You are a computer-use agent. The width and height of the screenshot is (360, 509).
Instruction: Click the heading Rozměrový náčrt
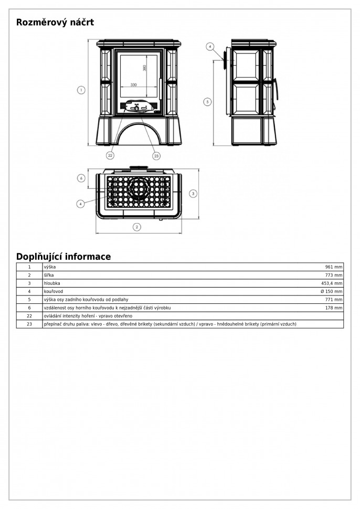click(55, 23)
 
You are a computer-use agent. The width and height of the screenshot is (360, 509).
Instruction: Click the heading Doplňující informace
click(63, 257)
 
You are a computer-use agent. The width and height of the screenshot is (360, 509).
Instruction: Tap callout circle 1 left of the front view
click(81, 90)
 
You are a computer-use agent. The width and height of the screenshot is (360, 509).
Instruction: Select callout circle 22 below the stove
click(110, 155)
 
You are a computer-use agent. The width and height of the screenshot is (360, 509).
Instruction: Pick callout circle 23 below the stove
click(156, 155)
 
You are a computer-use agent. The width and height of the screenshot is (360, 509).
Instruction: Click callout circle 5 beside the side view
click(207, 101)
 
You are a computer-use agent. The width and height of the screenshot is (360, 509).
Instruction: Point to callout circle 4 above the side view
click(209, 47)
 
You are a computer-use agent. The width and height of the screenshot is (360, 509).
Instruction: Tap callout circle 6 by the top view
click(81, 178)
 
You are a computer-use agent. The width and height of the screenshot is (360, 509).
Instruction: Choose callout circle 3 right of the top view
click(193, 194)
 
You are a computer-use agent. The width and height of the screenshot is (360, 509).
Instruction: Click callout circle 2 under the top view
click(137, 227)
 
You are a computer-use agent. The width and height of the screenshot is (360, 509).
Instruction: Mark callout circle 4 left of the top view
click(81, 203)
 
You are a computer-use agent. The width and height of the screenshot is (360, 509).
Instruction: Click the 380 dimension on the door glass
click(145, 68)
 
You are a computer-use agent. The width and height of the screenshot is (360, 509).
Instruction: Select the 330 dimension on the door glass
click(133, 84)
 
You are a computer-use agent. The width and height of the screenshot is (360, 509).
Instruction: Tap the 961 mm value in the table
click(333, 267)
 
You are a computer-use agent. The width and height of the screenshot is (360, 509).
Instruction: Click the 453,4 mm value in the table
click(332, 283)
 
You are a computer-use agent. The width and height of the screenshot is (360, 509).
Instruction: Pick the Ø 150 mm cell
click(332, 291)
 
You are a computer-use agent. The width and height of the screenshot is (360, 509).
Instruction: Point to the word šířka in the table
click(49, 275)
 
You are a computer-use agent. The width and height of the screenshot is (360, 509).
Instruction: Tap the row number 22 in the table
click(29, 316)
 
